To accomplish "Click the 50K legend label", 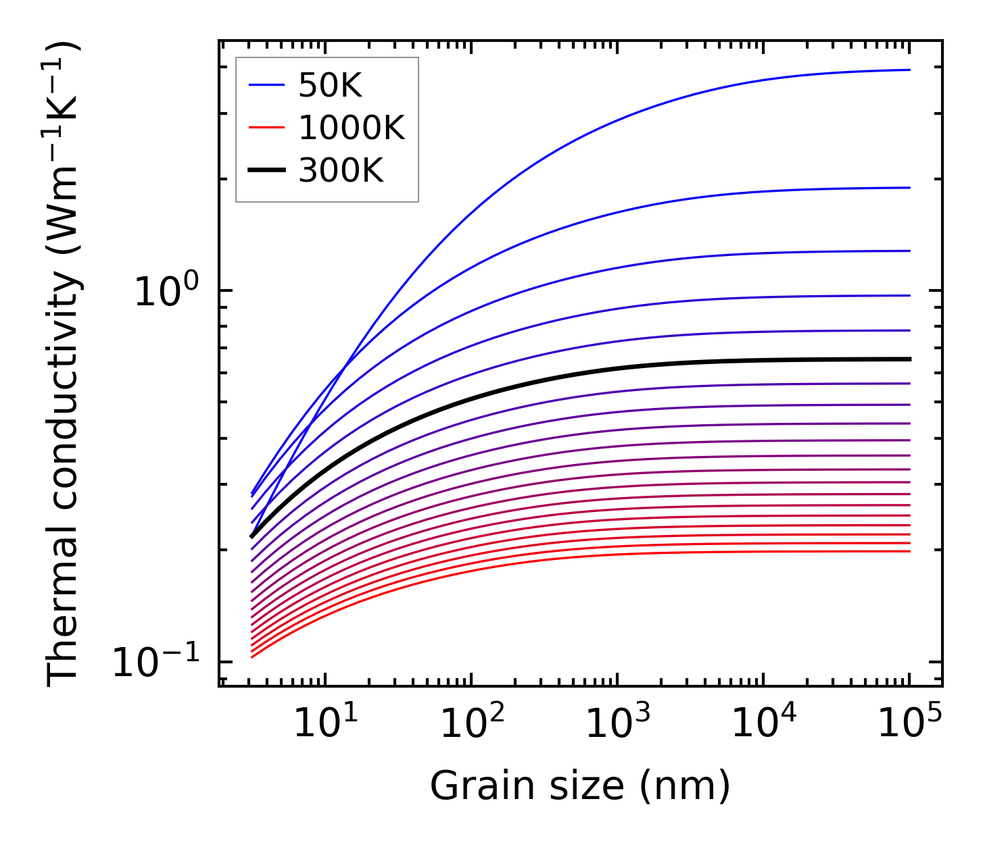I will pyautogui.click(x=330, y=86).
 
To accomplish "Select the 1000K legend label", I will pyautogui.click(x=352, y=128).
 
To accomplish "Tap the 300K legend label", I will pyautogui.click(x=341, y=171).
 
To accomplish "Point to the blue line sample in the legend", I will pyautogui.click(x=266, y=86).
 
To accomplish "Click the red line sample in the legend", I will pyautogui.click(x=266, y=128).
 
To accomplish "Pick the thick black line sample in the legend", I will pyautogui.click(x=266, y=171).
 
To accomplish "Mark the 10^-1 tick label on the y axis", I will pyautogui.click(x=157, y=662).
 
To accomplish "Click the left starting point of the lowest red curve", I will pyautogui.click(x=251, y=657).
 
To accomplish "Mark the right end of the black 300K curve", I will pyautogui.click(x=909, y=359).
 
